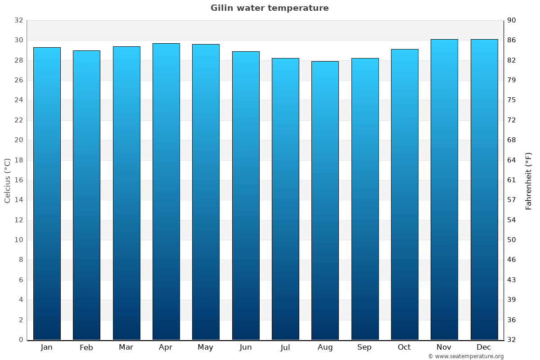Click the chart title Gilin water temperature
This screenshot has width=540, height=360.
[x=270, y=8]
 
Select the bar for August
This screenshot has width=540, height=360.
[x=325, y=200]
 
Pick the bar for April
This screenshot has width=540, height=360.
[x=166, y=191]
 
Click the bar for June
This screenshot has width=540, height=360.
[x=246, y=196]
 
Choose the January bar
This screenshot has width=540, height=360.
[x=47, y=193]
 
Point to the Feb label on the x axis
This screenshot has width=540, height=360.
[x=86, y=347]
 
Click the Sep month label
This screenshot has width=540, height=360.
[x=364, y=347]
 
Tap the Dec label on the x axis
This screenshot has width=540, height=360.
[x=484, y=347]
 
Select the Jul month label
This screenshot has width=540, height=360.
[x=285, y=347]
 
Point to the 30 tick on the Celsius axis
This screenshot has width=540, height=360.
[x=18, y=40]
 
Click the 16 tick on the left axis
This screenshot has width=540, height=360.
[x=18, y=180]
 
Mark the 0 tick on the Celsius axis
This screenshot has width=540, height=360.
[x=21, y=340]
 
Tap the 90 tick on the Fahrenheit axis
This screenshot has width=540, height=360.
[x=512, y=20]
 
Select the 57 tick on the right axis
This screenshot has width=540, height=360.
[x=512, y=200]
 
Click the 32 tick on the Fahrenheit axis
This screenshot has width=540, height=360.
[x=512, y=340]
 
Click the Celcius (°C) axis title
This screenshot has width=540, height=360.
[x=7, y=180]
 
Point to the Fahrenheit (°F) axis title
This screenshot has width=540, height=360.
[x=528, y=181]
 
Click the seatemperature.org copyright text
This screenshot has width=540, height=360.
[x=466, y=356]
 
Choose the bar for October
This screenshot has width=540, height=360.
[x=405, y=194]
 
